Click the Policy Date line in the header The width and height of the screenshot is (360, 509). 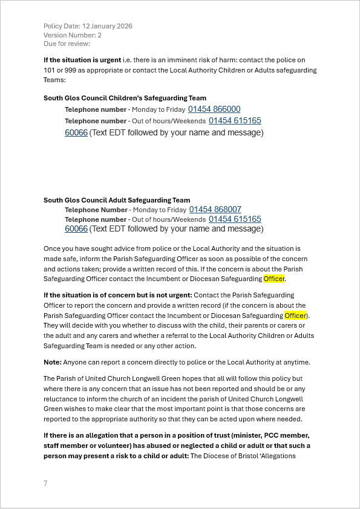click(x=88, y=26)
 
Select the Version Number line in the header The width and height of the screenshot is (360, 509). click(x=73, y=35)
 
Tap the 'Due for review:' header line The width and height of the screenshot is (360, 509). click(x=67, y=44)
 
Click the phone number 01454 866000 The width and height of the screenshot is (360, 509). click(x=214, y=109)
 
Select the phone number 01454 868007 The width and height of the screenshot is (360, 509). click(x=215, y=210)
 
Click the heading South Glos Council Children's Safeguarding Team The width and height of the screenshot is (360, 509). click(x=125, y=98)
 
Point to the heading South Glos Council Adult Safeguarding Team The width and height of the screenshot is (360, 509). click(x=117, y=200)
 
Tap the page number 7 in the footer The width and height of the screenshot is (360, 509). click(x=45, y=484)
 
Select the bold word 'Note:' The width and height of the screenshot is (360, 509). click(x=53, y=362)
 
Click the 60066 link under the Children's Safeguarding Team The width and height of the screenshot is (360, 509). click(x=76, y=132)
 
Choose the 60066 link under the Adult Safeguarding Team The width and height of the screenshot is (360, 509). click(x=76, y=229)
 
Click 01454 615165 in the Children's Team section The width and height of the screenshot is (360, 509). click(x=235, y=121)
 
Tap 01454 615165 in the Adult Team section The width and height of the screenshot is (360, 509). click(x=235, y=219)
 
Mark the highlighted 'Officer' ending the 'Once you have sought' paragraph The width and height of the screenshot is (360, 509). click(x=273, y=279)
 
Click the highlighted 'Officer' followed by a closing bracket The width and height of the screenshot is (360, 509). click(x=295, y=316)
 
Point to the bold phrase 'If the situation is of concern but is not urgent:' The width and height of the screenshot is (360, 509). click(x=118, y=295)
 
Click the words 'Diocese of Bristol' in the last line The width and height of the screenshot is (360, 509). click(x=230, y=456)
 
